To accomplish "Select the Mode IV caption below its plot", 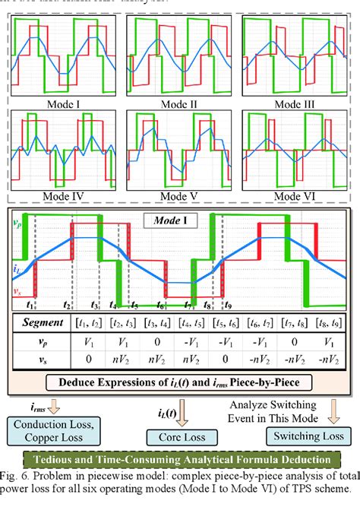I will [66, 195].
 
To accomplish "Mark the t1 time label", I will [30, 305].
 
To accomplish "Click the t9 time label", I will [226, 305].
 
